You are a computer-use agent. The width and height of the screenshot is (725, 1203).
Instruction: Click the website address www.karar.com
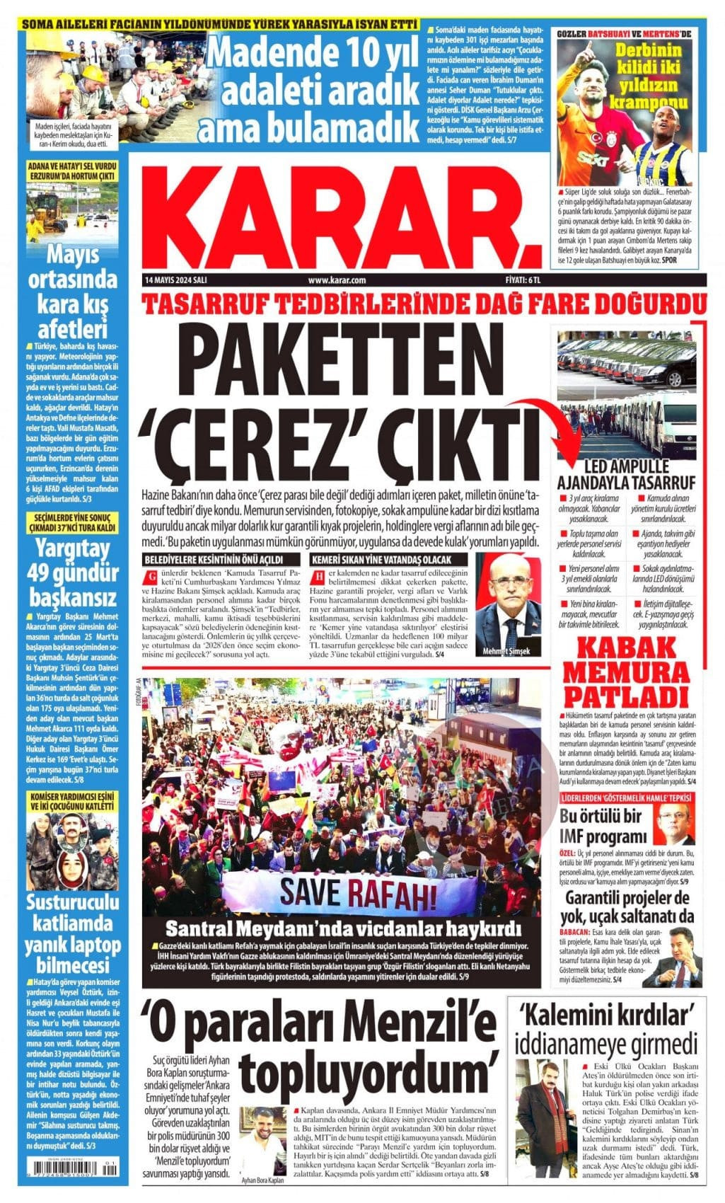(x=337, y=280)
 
